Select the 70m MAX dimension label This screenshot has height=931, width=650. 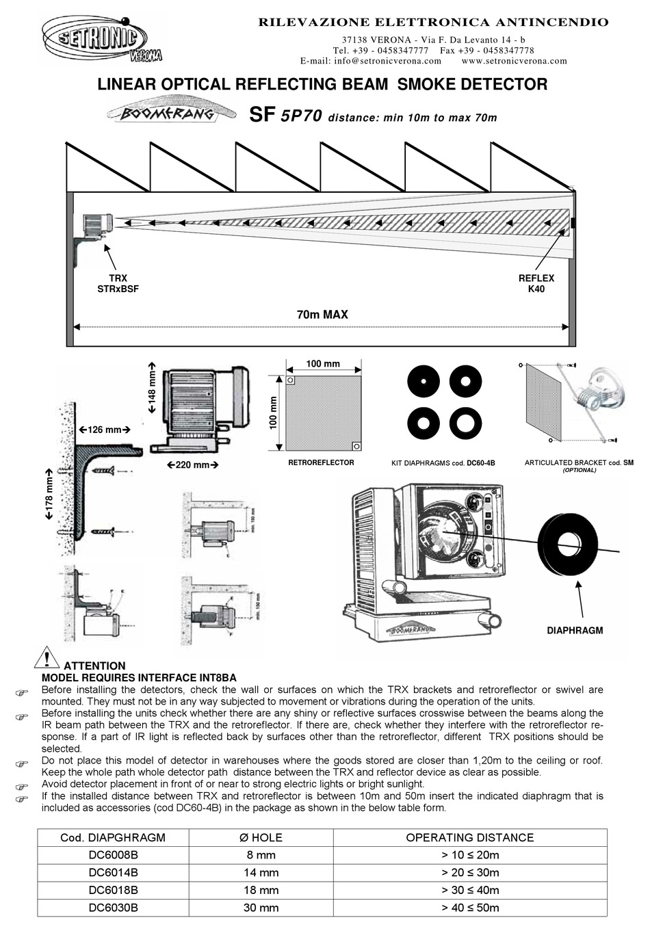(322, 315)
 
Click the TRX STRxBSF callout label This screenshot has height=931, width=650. (118, 284)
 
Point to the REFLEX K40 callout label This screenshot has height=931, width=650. (536, 284)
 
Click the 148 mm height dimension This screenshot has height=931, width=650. (152, 387)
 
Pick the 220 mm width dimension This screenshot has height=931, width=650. (192, 465)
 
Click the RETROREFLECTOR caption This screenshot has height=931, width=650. (321, 462)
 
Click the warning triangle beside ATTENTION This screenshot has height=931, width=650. (47, 657)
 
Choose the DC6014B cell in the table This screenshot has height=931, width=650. (113, 872)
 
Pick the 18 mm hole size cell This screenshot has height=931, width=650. (261, 890)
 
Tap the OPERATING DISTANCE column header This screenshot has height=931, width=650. (469, 837)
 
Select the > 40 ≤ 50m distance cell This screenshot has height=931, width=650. (470, 908)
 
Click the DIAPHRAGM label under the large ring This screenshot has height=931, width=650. (575, 630)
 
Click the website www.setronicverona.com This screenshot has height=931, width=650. (514, 60)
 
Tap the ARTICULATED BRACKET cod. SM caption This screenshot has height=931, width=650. (578, 463)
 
